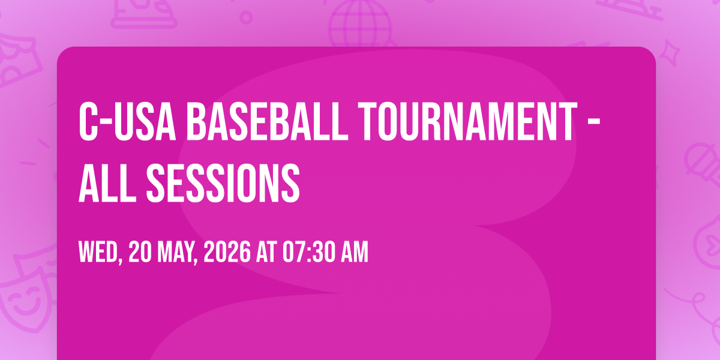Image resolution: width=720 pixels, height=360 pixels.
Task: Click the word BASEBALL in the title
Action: coord(267,121)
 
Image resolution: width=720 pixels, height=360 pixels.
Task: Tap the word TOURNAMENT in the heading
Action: coord(467,121)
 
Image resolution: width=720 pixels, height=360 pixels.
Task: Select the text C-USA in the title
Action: coord(127,121)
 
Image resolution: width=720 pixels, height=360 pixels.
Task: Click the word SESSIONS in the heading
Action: coord(223,183)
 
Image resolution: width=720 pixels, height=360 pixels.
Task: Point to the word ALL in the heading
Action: coord(107,183)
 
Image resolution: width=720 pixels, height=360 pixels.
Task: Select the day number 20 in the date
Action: coord(140,252)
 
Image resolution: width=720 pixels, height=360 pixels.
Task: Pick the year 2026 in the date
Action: coord(227,252)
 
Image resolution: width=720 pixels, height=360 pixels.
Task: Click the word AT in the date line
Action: coord(266,252)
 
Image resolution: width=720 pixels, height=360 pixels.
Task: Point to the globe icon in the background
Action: coord(360,23)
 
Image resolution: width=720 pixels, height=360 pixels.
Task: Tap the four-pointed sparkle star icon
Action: coord(670,52)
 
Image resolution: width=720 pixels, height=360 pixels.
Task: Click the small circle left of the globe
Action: coord(246,17)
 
